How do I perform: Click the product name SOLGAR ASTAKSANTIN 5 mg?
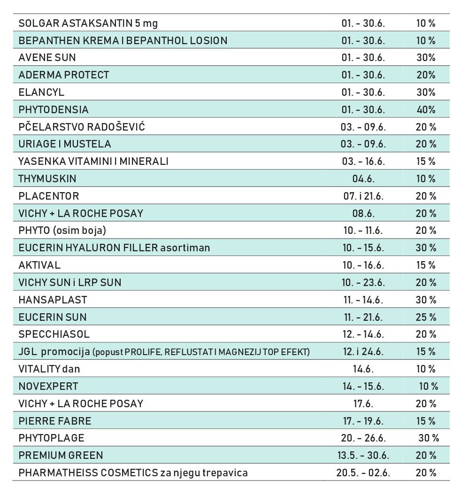pos(88,23)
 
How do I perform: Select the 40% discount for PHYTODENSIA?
pos(426,109)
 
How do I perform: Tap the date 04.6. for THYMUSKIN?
pos(363,179)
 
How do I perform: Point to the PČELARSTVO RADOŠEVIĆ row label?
pos(82,126)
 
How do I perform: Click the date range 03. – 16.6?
pos(363,161)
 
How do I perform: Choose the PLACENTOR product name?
pos(49,196)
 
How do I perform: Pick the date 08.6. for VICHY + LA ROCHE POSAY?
pos(363,214)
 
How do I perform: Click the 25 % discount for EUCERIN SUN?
pos(426,317)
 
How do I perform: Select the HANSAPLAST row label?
pos(53,300)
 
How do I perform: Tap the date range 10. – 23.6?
pos(363,282)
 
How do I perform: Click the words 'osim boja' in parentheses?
pos(79,230)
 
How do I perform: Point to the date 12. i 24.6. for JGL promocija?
pos(363,352)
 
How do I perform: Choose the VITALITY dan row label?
pos(49,369)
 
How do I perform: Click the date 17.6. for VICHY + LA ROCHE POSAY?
pos(363,403)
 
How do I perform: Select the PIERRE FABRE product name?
pos(55,421)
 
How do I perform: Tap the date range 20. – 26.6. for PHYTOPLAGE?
pos(363,438)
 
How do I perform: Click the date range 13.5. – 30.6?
pos(363,456)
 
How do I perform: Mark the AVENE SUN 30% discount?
pos(426,58)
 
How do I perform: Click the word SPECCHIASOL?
pos(54,334)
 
